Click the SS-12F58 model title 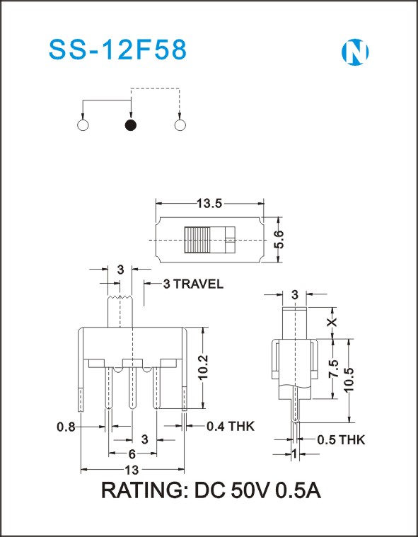click(x=118, y=50)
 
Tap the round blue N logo click(x=355, y=52)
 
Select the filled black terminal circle click(x=131, y=125)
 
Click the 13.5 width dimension click(x=209, y=204)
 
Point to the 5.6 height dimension click(x=279, y=239)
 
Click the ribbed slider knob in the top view click(x=197, y=240)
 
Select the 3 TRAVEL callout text click(x=193, y=284)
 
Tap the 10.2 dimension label click(x=204, y=367)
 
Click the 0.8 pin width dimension click(x=66, y=427)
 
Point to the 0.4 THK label click(x=231, y=427)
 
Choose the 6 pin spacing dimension click(x=132, y=454)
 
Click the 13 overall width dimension click(x=132, y=470)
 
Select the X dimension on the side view click(x=332, y=322)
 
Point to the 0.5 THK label click(x=341, y=440)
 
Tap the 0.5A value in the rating click(x=298, y=491)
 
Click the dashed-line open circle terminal click(x=180, y=125)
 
